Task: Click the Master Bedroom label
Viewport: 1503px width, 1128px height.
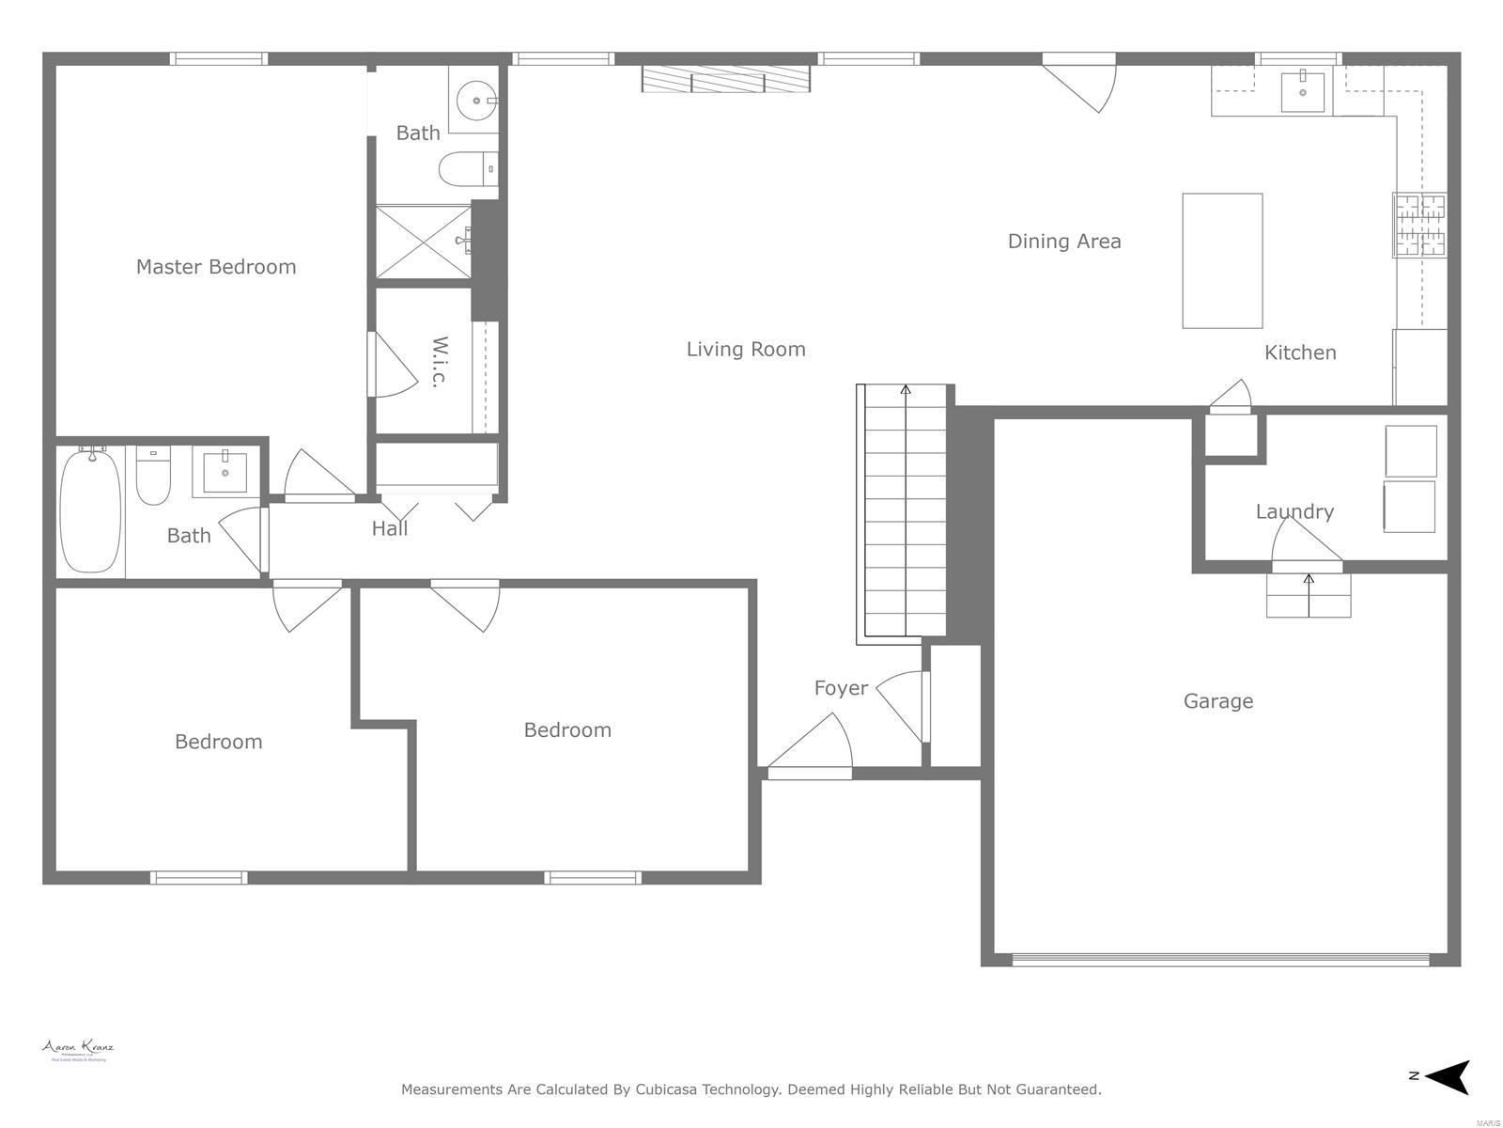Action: coord(216,267)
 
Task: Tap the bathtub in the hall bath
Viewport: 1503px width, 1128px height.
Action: coord(91,510)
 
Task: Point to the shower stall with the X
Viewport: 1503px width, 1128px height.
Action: coord(424,242)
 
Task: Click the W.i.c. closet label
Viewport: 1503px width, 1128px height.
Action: coord(439,361)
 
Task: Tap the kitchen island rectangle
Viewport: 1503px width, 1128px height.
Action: coord(1221,260)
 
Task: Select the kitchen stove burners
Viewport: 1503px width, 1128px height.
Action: coord(1419,225)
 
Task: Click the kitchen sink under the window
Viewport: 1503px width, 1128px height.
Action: coord(1303,92)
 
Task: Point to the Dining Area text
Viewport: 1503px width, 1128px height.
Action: coord(1063,242)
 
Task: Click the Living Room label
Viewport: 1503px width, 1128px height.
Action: coord(746,350)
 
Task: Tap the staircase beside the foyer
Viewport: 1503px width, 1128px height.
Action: coord(905,512)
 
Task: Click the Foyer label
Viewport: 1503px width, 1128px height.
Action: coord(841,688)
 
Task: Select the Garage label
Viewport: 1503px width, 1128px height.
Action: coord(1217,701)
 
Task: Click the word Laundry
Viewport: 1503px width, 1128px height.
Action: coord(1294,512)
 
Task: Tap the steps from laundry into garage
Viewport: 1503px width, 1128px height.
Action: coord(1309,595)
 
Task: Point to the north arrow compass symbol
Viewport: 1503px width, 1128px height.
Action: coord(1449,1076)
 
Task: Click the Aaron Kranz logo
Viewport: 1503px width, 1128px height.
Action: coord(77,1050)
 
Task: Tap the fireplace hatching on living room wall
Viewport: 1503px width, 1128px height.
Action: coord(725,79)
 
